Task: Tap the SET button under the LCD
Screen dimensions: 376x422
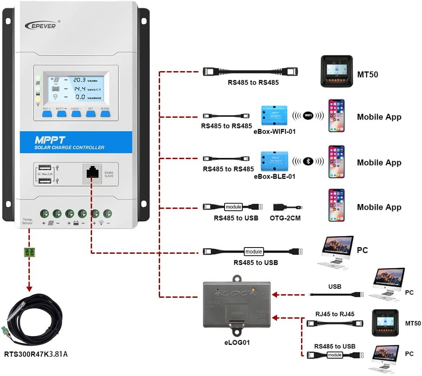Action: point(90,114)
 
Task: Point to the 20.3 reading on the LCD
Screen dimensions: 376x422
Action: point(80,80)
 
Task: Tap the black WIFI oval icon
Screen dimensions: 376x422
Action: point(307,116)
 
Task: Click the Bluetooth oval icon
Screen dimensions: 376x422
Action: point(307,162)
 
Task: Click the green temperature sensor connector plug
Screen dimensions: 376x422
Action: point(30,252)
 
